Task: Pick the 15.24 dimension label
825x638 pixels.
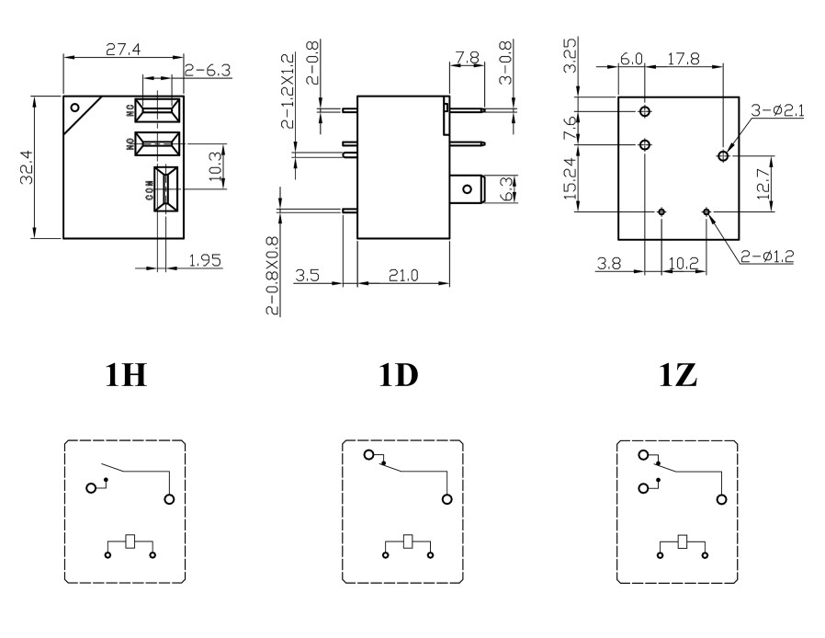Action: tap(571, 177)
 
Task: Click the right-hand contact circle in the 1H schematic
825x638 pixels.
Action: tap(169, 499)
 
